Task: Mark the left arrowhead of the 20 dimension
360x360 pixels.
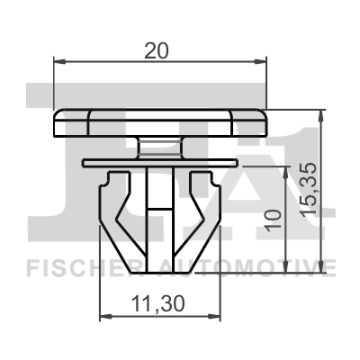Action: click(60, 62)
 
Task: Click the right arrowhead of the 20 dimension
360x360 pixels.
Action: click(263, 62)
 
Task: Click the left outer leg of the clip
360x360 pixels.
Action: click(112, 211)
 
